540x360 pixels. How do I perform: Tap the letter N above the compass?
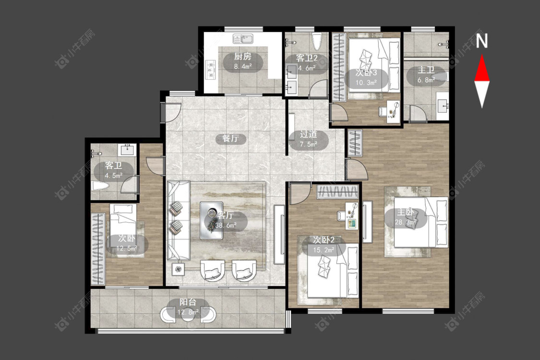click(482, 41)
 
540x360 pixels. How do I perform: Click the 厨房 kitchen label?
click(243, 57)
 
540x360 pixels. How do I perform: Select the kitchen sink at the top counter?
click(243, 38)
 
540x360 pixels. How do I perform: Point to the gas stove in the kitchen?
click(210, 69)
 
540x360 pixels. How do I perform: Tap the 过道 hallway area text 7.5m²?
click(309, 144)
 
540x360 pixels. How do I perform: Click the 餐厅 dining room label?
click(230, 139)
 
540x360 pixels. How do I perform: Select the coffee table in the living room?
click(212, 220)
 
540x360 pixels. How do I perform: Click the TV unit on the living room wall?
click(279, 234)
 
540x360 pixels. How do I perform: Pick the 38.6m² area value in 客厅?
click(226, 225)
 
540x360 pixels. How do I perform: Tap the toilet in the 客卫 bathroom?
click(101, 186)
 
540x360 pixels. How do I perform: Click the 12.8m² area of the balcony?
click(188, 312)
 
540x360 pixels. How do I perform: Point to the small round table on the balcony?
click(188, 315)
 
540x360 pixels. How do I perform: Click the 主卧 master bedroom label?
click(405, 212)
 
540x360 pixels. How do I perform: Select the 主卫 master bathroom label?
click(426, 70)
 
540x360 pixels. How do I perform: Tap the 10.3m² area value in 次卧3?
click(366, 83)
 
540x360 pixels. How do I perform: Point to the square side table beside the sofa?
click(178, 269)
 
